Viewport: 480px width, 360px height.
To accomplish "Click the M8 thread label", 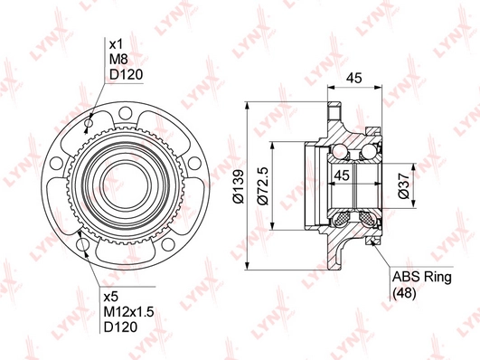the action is (118, 59).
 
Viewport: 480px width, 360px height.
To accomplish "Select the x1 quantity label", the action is (116, 44).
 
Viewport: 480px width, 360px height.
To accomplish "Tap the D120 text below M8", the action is (127, 74).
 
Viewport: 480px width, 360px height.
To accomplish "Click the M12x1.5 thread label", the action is (128, 312).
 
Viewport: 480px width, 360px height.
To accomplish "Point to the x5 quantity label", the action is (111, 297).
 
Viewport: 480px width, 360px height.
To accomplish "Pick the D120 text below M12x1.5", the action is (120, 327).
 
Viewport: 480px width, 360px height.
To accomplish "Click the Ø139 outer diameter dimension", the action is (238, 186).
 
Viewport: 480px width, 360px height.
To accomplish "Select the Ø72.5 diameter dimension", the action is (263, 185).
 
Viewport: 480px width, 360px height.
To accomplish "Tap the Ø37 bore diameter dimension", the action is (403, 185).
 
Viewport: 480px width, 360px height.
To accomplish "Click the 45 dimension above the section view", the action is (353, 78).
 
